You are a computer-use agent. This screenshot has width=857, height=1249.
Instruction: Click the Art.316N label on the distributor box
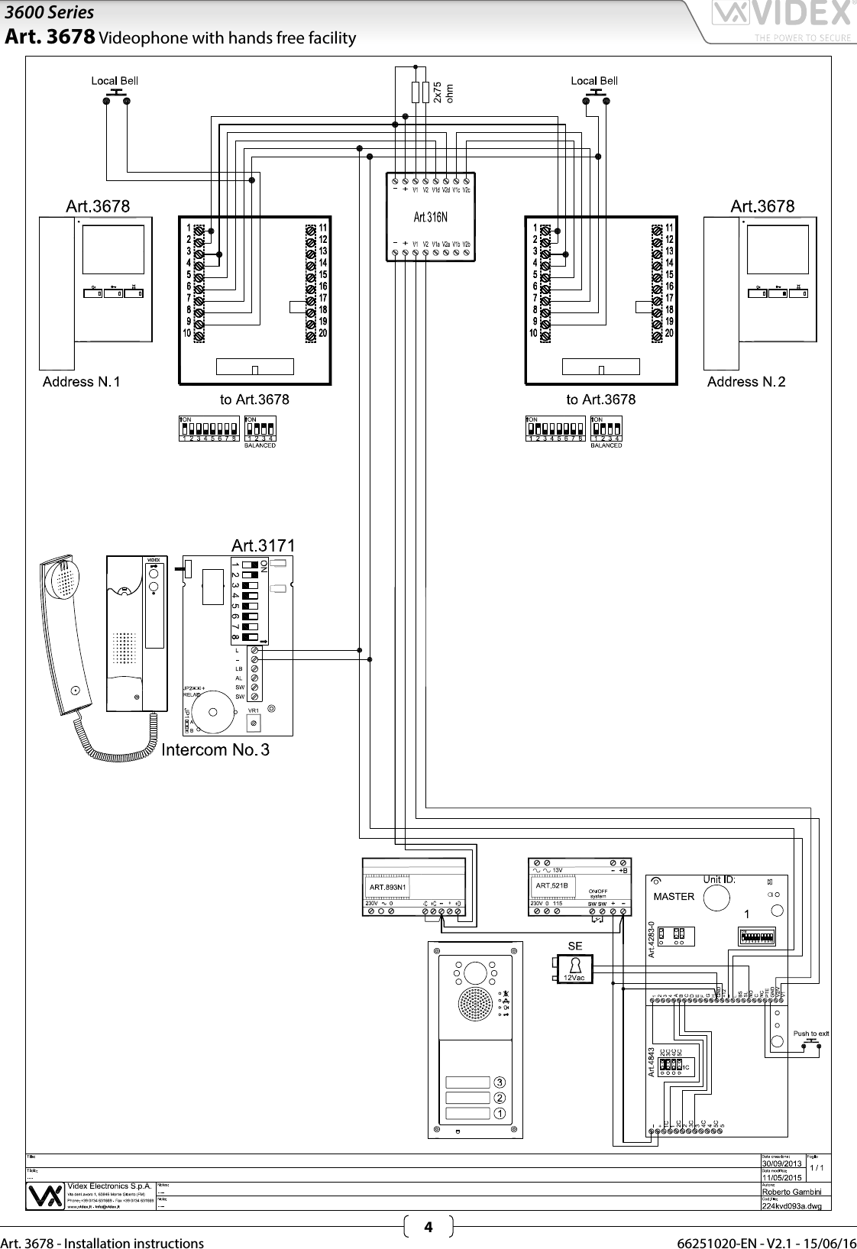pos(430,218)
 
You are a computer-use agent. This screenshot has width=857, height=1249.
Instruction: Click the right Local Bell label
pos(594,80)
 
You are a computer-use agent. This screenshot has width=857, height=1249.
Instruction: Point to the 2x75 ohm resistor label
pos(443,92)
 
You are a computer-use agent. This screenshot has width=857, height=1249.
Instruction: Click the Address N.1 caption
pos(81,381)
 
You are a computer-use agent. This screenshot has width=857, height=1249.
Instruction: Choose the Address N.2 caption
pos(746,381)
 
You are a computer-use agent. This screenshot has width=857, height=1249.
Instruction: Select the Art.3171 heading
pos(263,545)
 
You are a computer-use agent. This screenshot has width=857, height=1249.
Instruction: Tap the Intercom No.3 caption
pos(215,749)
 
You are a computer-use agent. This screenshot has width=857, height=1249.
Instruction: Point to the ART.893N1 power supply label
pos(388,887)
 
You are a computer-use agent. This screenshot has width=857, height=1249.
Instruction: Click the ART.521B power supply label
pos(551,885)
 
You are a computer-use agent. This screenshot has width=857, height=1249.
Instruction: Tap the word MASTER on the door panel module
pos(674,896)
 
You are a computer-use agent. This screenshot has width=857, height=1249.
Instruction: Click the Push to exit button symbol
pos(811,1041)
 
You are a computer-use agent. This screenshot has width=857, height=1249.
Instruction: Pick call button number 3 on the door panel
pos(499,1082)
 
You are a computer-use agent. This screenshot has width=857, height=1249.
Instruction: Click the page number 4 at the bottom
pos(428,1228)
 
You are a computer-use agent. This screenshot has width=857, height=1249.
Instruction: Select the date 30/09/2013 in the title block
pos(782,1163)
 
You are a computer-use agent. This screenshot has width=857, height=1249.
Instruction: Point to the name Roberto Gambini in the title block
pos(791,1192)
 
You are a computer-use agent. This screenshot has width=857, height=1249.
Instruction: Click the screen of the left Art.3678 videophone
pos(113,249)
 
